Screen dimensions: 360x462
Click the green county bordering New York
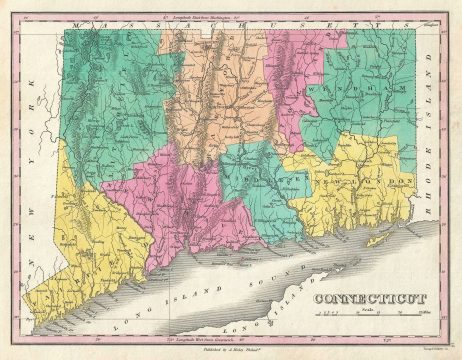pyautogui.click(x=110, y=100)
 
